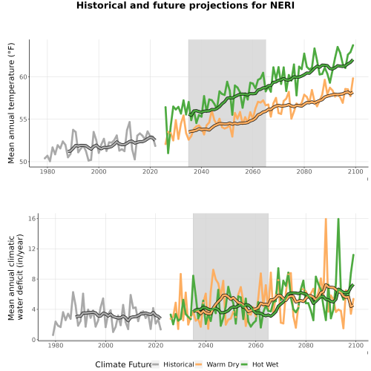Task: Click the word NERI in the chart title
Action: [282, 5]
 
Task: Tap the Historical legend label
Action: [179, 364]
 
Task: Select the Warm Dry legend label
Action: [223, 364]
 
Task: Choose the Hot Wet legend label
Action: [265, 364]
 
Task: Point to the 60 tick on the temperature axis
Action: [23, 77]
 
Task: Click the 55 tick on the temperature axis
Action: [23, 119]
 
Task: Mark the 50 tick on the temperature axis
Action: [23, 162]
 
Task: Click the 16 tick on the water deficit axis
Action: [32, 218]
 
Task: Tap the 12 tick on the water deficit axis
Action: [32, 249]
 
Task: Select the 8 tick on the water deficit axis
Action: [33, 279]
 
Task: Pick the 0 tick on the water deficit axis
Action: [33, 340]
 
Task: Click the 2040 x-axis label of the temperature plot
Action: [201, 171]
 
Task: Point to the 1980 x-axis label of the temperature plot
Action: [47, 171]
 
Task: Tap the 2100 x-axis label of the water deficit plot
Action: [355, 345]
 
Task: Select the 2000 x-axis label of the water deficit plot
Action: [105, 345]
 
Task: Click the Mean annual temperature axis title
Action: [11, 103]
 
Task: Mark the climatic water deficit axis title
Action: [16, 277]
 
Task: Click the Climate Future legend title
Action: [123, 364]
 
